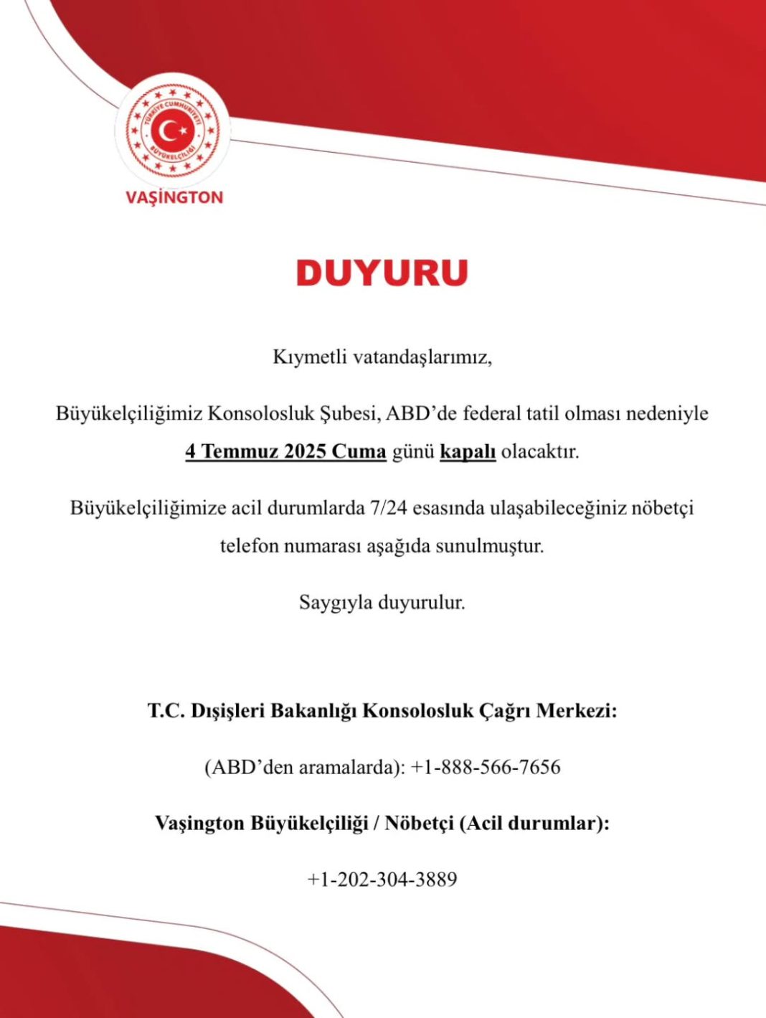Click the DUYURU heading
coord(382,273)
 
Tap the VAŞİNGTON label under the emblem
coord(174,197)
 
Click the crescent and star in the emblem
coord(173,131)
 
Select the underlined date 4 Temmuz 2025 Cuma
coord(285,452)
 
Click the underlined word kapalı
coord(468,452)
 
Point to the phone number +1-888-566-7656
coord(486,767)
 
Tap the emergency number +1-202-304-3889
coord(382,879)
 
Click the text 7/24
coord(386,508)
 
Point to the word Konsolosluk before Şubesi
coord(256,413)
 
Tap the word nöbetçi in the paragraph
coord(663,508)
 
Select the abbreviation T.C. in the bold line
coord(166,711)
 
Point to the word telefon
coord(248,546)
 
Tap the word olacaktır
coord(540,452)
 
